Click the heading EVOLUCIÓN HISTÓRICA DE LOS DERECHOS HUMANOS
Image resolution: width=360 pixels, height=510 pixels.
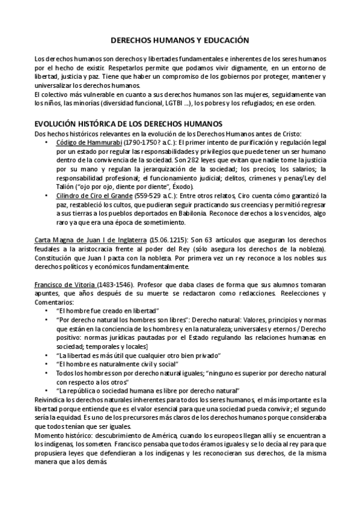coord(128,123)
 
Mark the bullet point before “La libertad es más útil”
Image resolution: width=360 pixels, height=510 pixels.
coord(47,355)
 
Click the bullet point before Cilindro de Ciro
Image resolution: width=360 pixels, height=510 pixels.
coord(47,196)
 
